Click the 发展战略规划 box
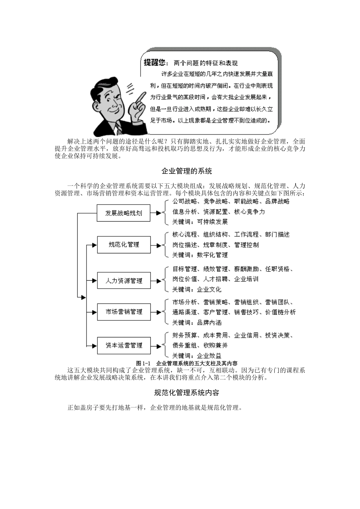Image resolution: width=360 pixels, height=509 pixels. pos(124,213)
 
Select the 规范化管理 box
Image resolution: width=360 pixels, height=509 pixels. pos(124,245)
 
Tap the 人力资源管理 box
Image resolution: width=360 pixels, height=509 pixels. pos(124,281)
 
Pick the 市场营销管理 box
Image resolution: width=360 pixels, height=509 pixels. pos(124,312)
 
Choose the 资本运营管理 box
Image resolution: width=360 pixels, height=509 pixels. pos(124,345)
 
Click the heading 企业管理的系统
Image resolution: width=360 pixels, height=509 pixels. pos(186,171)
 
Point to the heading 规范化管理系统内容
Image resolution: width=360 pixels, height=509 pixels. pos(186,393)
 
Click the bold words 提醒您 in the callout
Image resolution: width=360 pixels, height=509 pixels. pos(155,63)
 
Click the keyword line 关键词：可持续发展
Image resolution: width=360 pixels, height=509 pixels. pos(200,222)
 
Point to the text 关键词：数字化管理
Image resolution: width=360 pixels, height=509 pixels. pos(200,255)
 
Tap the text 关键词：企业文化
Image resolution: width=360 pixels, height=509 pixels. pos(197,289)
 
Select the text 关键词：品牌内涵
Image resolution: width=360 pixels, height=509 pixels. pos(197,323)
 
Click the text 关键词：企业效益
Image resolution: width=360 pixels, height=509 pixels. pos(197,356)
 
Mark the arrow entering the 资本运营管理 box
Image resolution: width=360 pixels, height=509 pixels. pos(91,345)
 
